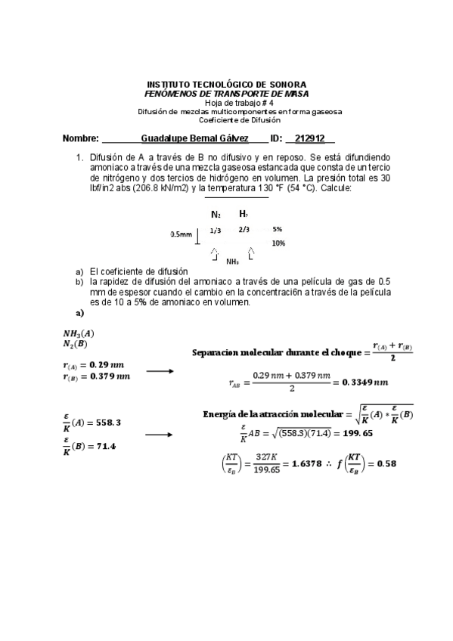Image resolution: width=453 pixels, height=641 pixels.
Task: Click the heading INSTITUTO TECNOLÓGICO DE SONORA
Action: [226, 85]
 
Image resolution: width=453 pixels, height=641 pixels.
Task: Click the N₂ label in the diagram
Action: [216, 215]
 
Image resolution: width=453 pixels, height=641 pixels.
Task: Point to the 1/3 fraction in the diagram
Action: [216, 230]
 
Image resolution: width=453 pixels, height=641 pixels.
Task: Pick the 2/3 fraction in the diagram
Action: [244, 230]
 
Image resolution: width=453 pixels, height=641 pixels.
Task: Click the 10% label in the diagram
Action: [278, 243]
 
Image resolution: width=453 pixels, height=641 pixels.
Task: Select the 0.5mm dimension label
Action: [181, 235]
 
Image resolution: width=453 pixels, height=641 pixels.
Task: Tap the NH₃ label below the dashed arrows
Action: [233, 262]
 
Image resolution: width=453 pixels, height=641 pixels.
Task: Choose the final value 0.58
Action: [386, 464]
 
